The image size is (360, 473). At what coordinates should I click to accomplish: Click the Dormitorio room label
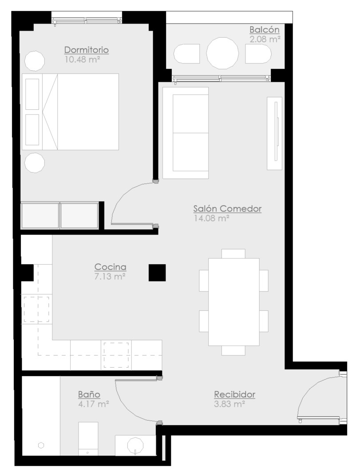[87, 50]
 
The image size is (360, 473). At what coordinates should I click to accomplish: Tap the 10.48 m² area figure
[82, 59]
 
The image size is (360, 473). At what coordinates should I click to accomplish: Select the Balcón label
[265, 30]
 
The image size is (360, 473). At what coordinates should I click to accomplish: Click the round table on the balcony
[222, 53]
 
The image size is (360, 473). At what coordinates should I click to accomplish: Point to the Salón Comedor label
[227, 208]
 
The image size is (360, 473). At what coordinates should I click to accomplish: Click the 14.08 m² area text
[211, 218]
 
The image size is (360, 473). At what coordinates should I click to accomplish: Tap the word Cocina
[111, 267]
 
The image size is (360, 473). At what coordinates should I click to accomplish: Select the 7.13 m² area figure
[110, 276]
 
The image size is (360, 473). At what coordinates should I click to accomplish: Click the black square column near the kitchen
[157, 273]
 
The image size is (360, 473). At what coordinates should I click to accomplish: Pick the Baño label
[89, 394]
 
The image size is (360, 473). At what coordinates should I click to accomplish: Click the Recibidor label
[234, 394]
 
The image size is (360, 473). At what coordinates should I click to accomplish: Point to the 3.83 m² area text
[229, 404]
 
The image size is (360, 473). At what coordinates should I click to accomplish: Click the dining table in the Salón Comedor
[233, 302]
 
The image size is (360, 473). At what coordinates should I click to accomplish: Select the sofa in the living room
[186, 133]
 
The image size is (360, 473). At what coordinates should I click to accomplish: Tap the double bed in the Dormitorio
[70, 111]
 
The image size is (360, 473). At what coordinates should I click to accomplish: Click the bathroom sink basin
[135, 445]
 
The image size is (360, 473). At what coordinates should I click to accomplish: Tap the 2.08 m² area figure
[265, 39]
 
